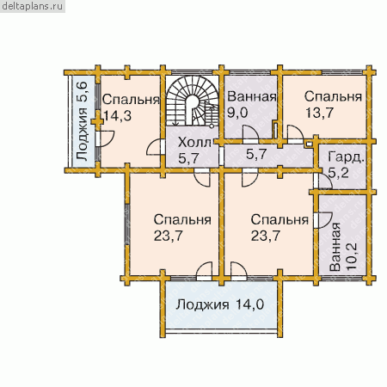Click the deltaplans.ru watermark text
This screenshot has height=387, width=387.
point(32,6)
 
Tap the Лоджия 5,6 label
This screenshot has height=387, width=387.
point(82,121)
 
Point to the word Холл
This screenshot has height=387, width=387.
point(194,143)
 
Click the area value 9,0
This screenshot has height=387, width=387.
point(237,113)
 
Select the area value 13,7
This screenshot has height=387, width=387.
point(319,113)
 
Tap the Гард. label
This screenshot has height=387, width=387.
point(346,158)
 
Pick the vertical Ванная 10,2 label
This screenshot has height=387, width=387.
point(343,247)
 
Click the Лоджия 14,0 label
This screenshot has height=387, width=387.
point(220,304)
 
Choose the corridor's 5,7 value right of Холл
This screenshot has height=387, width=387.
point(256,154)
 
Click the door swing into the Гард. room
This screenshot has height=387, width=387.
point(323,181)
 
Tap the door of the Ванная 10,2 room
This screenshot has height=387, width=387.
point(322,220)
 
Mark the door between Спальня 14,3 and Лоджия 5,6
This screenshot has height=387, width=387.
point(105,138)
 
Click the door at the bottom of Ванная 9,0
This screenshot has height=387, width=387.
point(250,134)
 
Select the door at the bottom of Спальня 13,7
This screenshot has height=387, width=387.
point(295,134)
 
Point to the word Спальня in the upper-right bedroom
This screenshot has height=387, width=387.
point(333,96)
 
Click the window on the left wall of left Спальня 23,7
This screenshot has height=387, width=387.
point(126,224)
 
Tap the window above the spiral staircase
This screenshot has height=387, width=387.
point(191,72)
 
